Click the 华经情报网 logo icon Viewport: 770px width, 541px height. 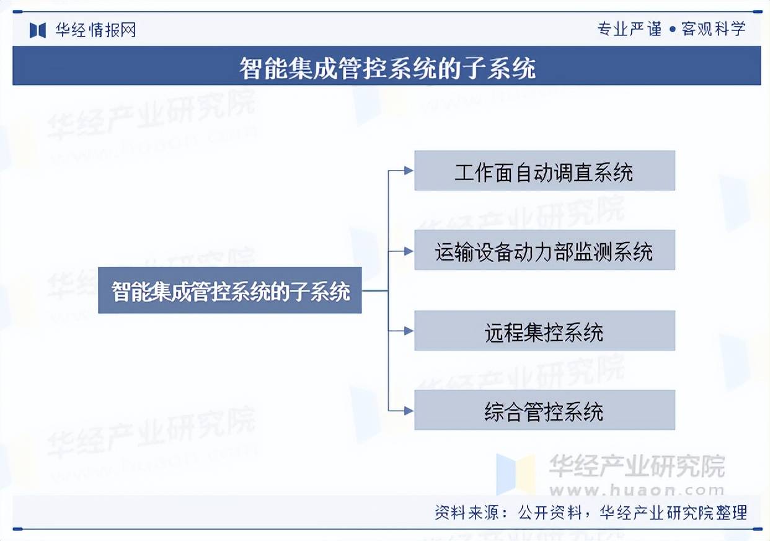tap(38, 30)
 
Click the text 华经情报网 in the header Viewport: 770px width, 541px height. tap(95, 30)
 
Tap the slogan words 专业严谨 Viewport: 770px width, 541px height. tap(629, 29)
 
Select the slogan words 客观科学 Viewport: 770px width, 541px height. tap(714, 29)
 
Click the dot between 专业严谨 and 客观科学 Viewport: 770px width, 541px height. tap(673, 30)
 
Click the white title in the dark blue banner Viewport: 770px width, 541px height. tap(387, 68)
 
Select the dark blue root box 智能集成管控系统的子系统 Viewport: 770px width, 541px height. tap(229, 290)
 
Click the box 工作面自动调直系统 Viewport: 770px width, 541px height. tap(544, 171)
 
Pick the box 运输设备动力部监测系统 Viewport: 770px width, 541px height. tap(544, 250)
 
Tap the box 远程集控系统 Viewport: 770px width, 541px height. tap(544, 331)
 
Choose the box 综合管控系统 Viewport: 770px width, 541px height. tap(544, 410)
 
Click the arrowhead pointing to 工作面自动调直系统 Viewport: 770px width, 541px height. tap(409, 170)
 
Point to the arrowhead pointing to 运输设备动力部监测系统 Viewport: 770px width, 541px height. tap(409, 251)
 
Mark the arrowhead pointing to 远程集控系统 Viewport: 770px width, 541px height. tap(409, 331)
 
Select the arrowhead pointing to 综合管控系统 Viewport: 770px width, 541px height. tap(409, 411)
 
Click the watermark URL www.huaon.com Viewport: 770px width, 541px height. tap(637, 490)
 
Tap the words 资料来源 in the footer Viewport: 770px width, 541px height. tap(466, 513)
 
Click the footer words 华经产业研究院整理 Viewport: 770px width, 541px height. tap(673, 513)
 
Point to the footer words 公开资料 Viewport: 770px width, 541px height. tap(550, 513)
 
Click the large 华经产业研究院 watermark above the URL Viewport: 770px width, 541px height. tap(637, 466)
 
